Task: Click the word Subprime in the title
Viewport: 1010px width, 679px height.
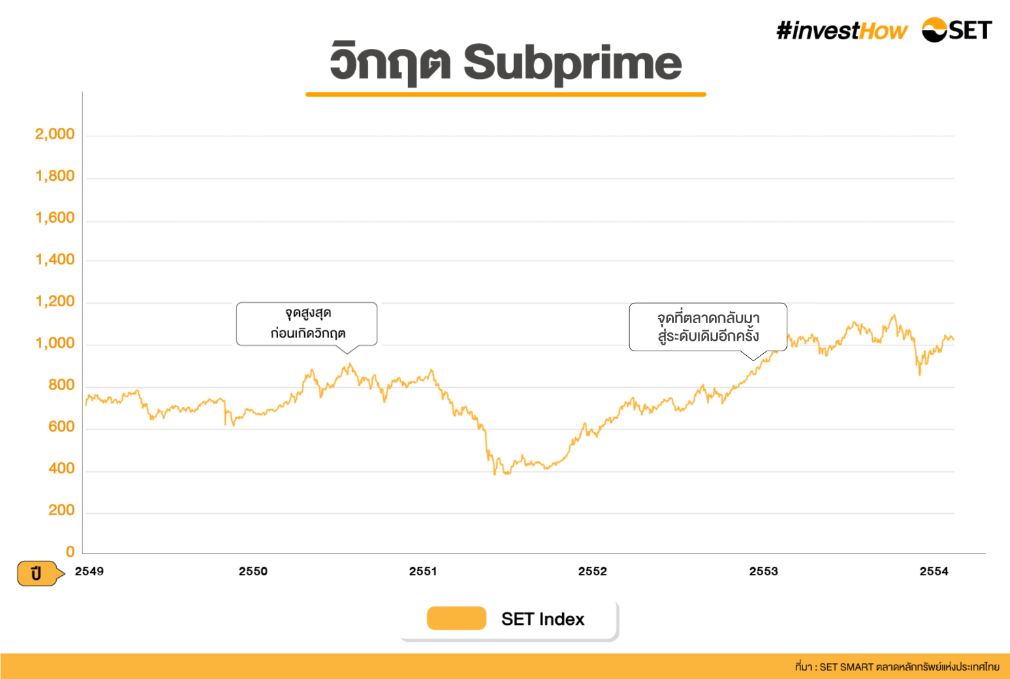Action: pos(573,64)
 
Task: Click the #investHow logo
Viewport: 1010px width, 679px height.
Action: pos(842,31)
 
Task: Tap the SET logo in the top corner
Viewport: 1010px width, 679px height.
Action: pos(956,30)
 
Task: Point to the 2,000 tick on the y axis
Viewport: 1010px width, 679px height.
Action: pos(55,134)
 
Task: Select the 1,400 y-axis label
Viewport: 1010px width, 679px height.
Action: pos(55,260)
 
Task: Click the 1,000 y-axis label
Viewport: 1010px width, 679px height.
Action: pos(55,343)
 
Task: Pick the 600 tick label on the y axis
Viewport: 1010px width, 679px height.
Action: pos(61,427)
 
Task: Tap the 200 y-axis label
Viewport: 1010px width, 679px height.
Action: pos(61,511)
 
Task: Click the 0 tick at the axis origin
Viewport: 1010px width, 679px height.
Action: pos(70,552)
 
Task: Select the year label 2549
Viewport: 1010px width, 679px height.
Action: pos(89,571)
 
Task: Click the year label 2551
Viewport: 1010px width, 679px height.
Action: pos(423,571)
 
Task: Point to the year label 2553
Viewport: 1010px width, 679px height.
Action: pos(763,571)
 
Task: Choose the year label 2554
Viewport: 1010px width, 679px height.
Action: pos(934,571)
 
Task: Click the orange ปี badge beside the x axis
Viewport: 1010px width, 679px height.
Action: pos(38,573)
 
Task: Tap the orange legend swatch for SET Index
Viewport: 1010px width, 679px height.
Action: pos(456,618)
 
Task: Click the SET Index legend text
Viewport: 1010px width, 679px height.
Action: pos(543,619)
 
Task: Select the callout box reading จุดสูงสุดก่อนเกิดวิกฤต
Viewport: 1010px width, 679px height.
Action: pos(307,323)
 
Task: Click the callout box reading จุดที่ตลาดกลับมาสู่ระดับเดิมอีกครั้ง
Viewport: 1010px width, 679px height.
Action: pos(708,326)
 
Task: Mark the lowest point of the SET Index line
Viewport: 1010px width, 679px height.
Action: pos(495,474)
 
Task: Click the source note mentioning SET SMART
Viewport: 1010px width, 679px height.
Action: pos(897,667)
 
